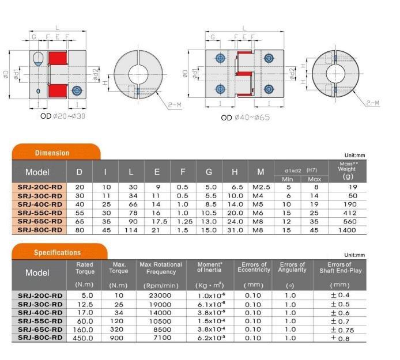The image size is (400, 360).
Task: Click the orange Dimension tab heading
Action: coord(52,153)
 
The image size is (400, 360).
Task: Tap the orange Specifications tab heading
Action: coord(58,252)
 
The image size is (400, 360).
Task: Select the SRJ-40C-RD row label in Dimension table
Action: coord(40,204)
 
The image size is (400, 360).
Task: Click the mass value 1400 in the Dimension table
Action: coord(347,230)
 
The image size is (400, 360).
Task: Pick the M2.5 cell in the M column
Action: coord(261,187)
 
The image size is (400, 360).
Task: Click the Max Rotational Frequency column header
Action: coord(161,268)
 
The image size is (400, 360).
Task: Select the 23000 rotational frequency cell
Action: coord(160,295)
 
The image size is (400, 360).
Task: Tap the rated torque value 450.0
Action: coord(83,338)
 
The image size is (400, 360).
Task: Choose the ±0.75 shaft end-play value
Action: coord(342,330)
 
